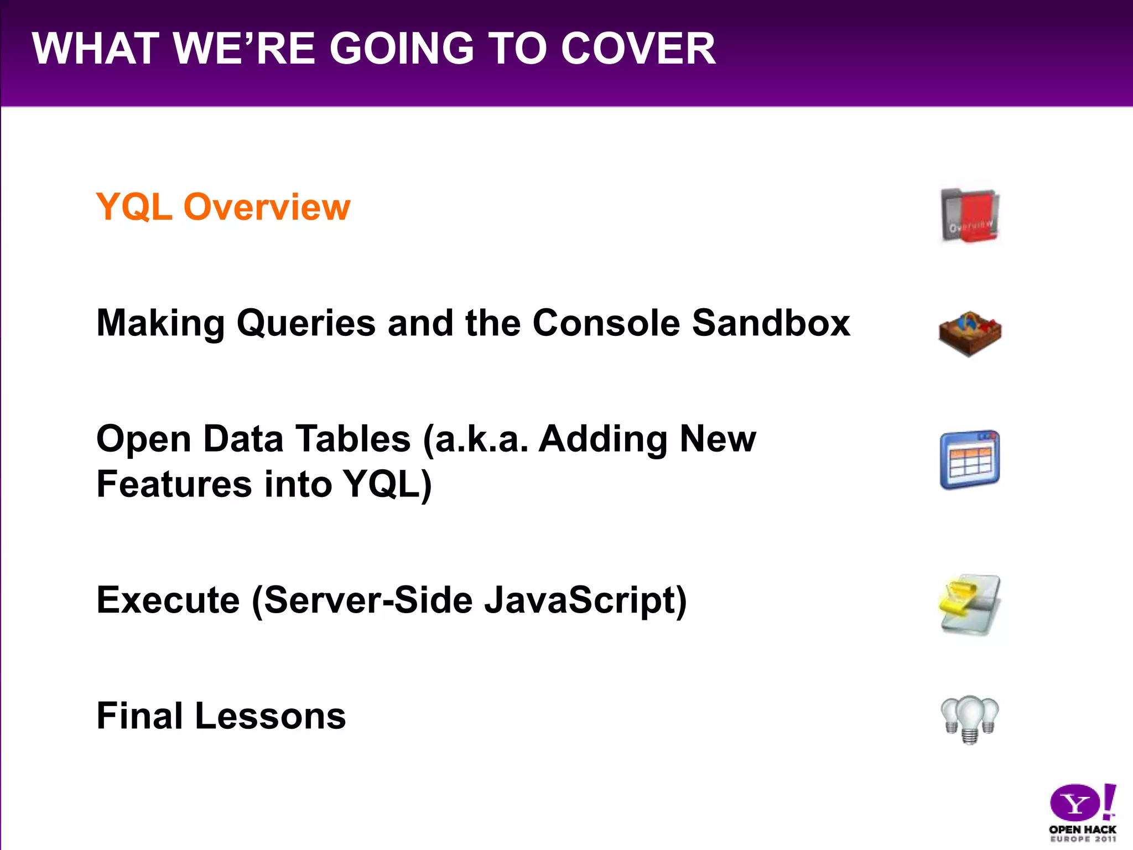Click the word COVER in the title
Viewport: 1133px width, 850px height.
tap(638, 49)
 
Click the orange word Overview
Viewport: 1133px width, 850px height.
tap(267, 207)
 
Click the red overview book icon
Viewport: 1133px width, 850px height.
tap(970, 216)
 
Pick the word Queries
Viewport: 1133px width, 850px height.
tap(306, 324)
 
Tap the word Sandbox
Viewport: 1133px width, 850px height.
tap(771, 323)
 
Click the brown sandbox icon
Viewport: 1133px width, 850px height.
tap(970, 333)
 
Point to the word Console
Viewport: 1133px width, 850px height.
tap(606, 323)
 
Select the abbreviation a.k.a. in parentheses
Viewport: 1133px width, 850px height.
tap(476, 439)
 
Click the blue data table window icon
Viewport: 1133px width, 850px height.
tap(970, 460)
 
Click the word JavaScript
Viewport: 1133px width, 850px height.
tap(585, 601)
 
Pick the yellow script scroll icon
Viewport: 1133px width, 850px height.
tap(969, 604)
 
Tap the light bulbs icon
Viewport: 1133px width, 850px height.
tap(970, 718)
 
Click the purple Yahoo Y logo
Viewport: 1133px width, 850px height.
tap(1074, 802)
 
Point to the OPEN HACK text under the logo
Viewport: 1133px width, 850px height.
tap(1082, 830)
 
